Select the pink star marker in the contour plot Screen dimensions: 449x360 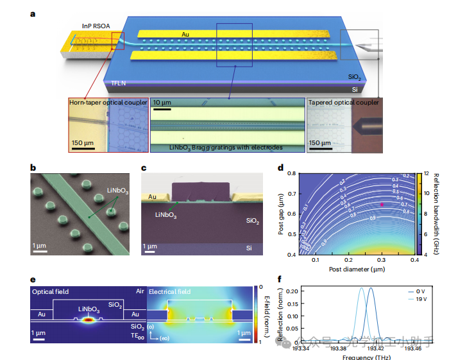pos(383,204)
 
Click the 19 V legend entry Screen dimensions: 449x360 pos(420,298)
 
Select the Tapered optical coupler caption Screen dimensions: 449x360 pos(343,102)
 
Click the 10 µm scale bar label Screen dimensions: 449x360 pos(162,103)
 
